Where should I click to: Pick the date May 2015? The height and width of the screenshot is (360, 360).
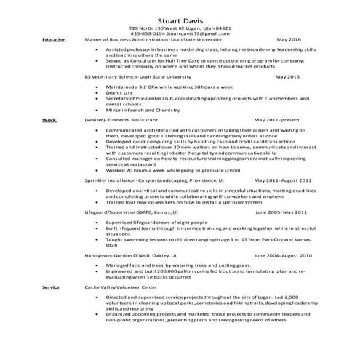pos(287,76)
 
